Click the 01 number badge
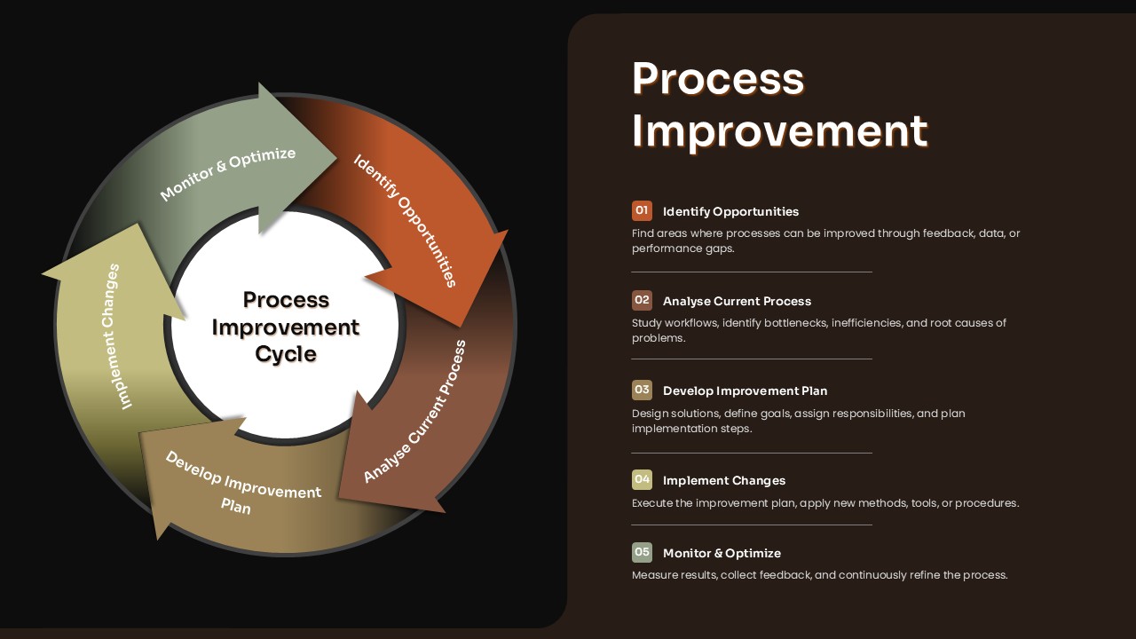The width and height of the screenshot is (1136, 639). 642,210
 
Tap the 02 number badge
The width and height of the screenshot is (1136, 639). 642,300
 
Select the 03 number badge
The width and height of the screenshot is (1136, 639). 642,390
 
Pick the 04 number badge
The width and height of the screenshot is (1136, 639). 642,479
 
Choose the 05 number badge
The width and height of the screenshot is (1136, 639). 642,552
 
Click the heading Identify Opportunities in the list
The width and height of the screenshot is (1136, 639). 730,211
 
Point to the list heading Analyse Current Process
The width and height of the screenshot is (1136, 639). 737,301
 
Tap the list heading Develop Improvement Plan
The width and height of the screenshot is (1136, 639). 745,390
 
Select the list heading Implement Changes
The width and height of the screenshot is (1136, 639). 724,480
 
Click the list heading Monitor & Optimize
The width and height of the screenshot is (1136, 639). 722,553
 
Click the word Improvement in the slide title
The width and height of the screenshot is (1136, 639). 779,130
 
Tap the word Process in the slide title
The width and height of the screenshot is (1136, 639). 717,78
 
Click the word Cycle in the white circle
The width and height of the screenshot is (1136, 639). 286,354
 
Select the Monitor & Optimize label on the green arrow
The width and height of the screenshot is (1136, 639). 228,173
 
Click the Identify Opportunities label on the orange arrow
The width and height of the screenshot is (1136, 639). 406,220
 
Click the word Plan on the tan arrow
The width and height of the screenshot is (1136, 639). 236,507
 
